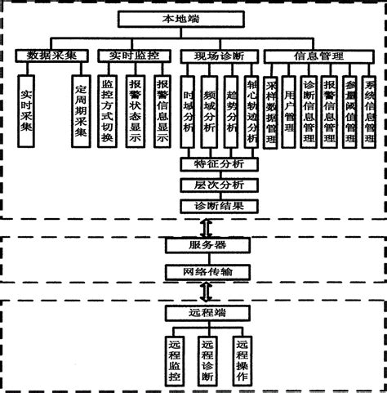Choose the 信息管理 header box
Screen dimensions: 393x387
[x=318, y=56]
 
